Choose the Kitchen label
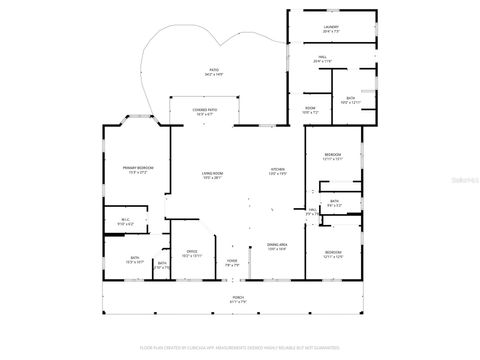pos(278,171)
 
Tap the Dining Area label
pos(277,245)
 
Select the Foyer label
pos(231,263)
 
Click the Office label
pos(192,253)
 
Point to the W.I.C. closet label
pos(125,221)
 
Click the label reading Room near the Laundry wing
pos(311,109)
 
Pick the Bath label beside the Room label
pos(350,100)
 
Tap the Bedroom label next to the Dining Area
pos(333,253)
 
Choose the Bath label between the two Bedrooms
pos(334,203)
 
